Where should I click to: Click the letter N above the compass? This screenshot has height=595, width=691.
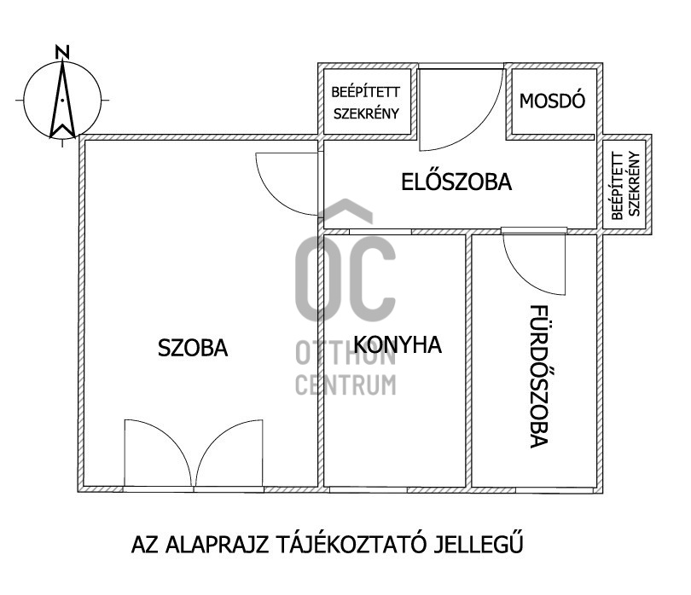(61, 52)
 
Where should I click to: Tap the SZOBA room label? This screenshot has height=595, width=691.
(193, 348)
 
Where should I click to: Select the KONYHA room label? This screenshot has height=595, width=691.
(398, 345)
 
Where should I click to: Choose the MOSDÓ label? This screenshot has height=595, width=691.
(552, 100)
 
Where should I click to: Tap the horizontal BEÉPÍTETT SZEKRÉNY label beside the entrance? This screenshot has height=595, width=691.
(366, 101)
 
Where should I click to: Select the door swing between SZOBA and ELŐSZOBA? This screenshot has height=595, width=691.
(286, 183)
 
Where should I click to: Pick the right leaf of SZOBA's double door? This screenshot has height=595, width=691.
(229, 453)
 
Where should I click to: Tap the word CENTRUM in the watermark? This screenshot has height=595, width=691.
(345, 384)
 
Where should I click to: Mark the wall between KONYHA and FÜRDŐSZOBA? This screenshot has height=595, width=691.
(470, 358)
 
